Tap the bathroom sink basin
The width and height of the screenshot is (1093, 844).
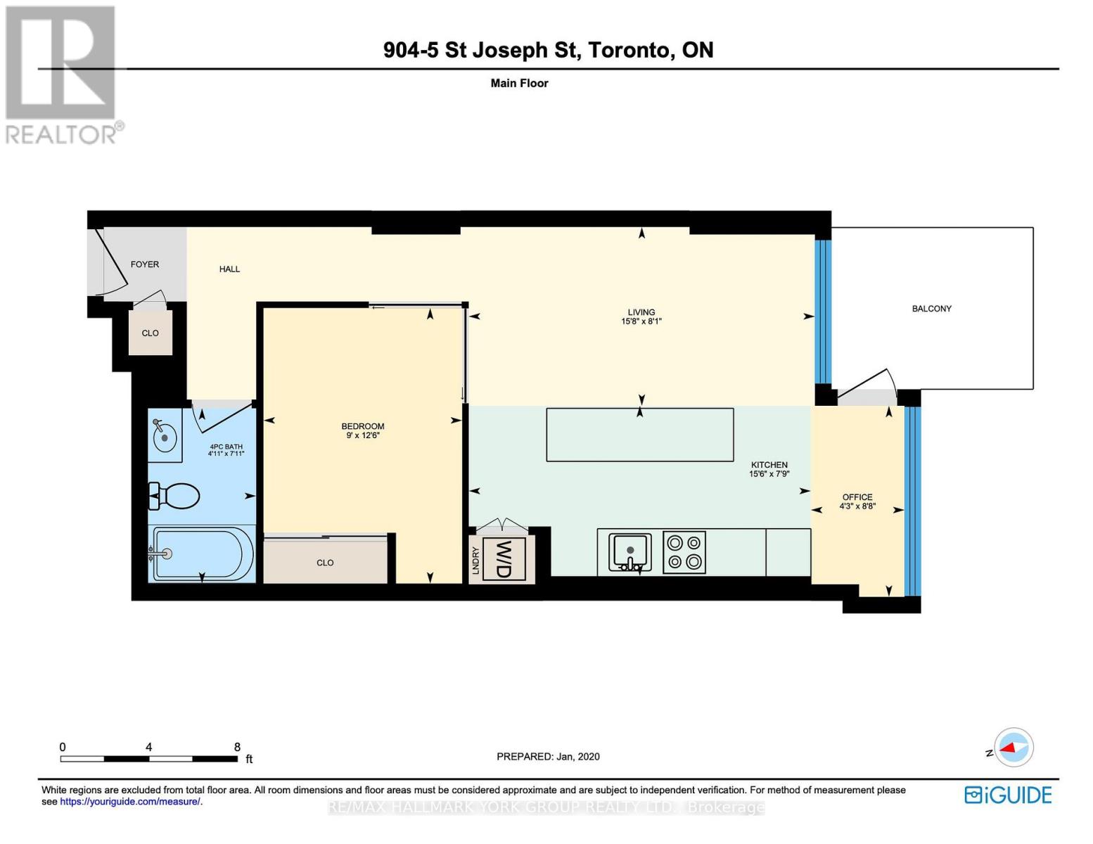pyautogui.click(x=165, y=438)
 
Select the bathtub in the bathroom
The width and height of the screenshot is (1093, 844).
pyautogui.click(x=201, y=554)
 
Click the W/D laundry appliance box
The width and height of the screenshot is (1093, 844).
pyautogui.click(x=504, y=560)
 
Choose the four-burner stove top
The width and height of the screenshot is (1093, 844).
pyautogui.click(x=684, y=552)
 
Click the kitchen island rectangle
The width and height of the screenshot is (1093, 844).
pyautogui.click(x=639, y=435)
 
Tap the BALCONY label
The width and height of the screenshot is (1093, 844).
pyautogui.click(x=931, y=309)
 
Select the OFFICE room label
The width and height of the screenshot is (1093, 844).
pyautogui.click(x=857, y=497)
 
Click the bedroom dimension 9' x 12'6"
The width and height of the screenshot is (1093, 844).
pyautogui.click(x=363, y=436)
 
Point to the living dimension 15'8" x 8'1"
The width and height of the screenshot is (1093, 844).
pyautogui.click(x=641, y=321)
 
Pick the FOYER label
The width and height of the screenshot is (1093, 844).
pyautogui.click(x=145, y=264)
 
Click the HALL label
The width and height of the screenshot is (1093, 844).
pyautogui.click(x=229, y=269)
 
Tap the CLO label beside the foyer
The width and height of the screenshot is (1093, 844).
pyautogui.click(x=151, y=333)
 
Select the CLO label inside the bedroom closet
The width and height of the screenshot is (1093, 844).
pyautogui.click(x=325, y=563)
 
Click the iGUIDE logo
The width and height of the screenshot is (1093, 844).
pyautogui.click(x=1008, y=795)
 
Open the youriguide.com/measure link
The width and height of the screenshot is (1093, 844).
pyautogui.click(x=130, y=802)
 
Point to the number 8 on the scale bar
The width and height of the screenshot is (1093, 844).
pyautogui.click(x=237, y=747)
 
